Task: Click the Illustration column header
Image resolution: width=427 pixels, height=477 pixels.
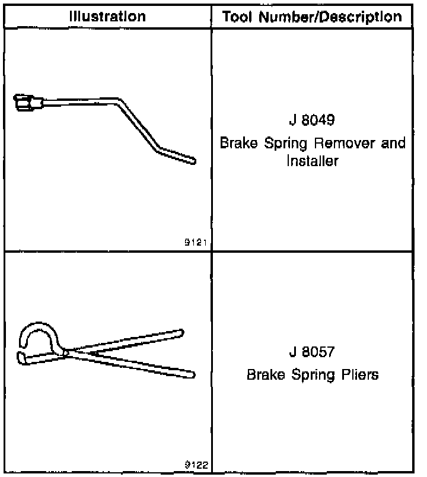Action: (107, 16)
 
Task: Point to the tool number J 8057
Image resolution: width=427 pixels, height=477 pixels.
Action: (312, 352)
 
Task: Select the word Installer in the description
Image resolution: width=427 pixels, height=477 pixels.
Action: (312, 161)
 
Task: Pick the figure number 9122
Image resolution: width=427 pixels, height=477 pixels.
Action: (196, 465)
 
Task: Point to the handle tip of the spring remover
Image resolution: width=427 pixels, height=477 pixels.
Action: (192, 160)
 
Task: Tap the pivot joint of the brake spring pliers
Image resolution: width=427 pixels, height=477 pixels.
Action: (66, 353)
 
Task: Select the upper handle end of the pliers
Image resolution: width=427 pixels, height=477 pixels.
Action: (180, 332)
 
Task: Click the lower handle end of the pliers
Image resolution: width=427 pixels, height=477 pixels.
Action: (191, 374)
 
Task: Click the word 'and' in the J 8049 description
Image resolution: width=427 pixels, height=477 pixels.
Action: (393, 144)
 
